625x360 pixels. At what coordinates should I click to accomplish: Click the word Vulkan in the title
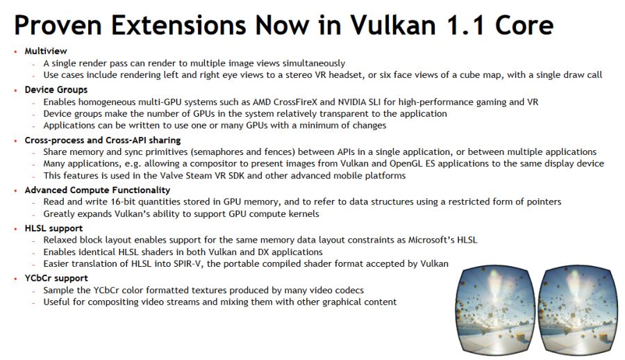click(x=393, y=25)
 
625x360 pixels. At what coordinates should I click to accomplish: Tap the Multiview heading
click(x=46, y=51)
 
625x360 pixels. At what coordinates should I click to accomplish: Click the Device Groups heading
click(x=56, y=90)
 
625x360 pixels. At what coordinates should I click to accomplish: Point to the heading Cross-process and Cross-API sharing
click(x=103, y=140)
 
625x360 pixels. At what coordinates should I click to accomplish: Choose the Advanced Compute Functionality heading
click(x=97, y=190)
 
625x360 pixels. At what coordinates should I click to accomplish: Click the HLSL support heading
click(x=53, y=228)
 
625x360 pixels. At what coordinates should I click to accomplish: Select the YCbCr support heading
click(x=56, y=278)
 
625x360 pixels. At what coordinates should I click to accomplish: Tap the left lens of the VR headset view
click(x=495, y=311)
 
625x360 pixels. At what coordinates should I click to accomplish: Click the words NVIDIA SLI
click(x=360, y=102)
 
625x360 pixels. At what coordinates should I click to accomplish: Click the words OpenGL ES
click(x=412, y=163)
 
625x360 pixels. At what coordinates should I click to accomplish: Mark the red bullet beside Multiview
click(x=15, y=51)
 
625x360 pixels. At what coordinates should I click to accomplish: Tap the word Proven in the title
click(x=58, y=25)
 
